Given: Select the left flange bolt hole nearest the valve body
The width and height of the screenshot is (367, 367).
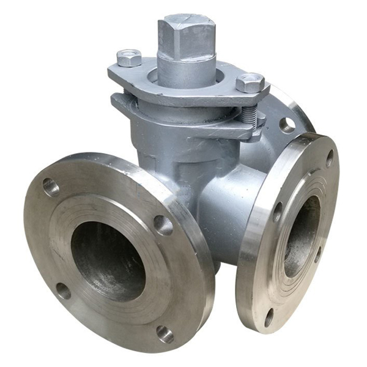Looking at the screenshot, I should point(163,224).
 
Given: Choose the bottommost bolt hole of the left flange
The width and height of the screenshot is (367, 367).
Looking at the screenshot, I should point(165,333).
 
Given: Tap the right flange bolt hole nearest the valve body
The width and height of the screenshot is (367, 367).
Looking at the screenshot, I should point(277,212).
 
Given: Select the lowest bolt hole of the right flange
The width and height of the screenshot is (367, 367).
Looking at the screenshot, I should point(269,317).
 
